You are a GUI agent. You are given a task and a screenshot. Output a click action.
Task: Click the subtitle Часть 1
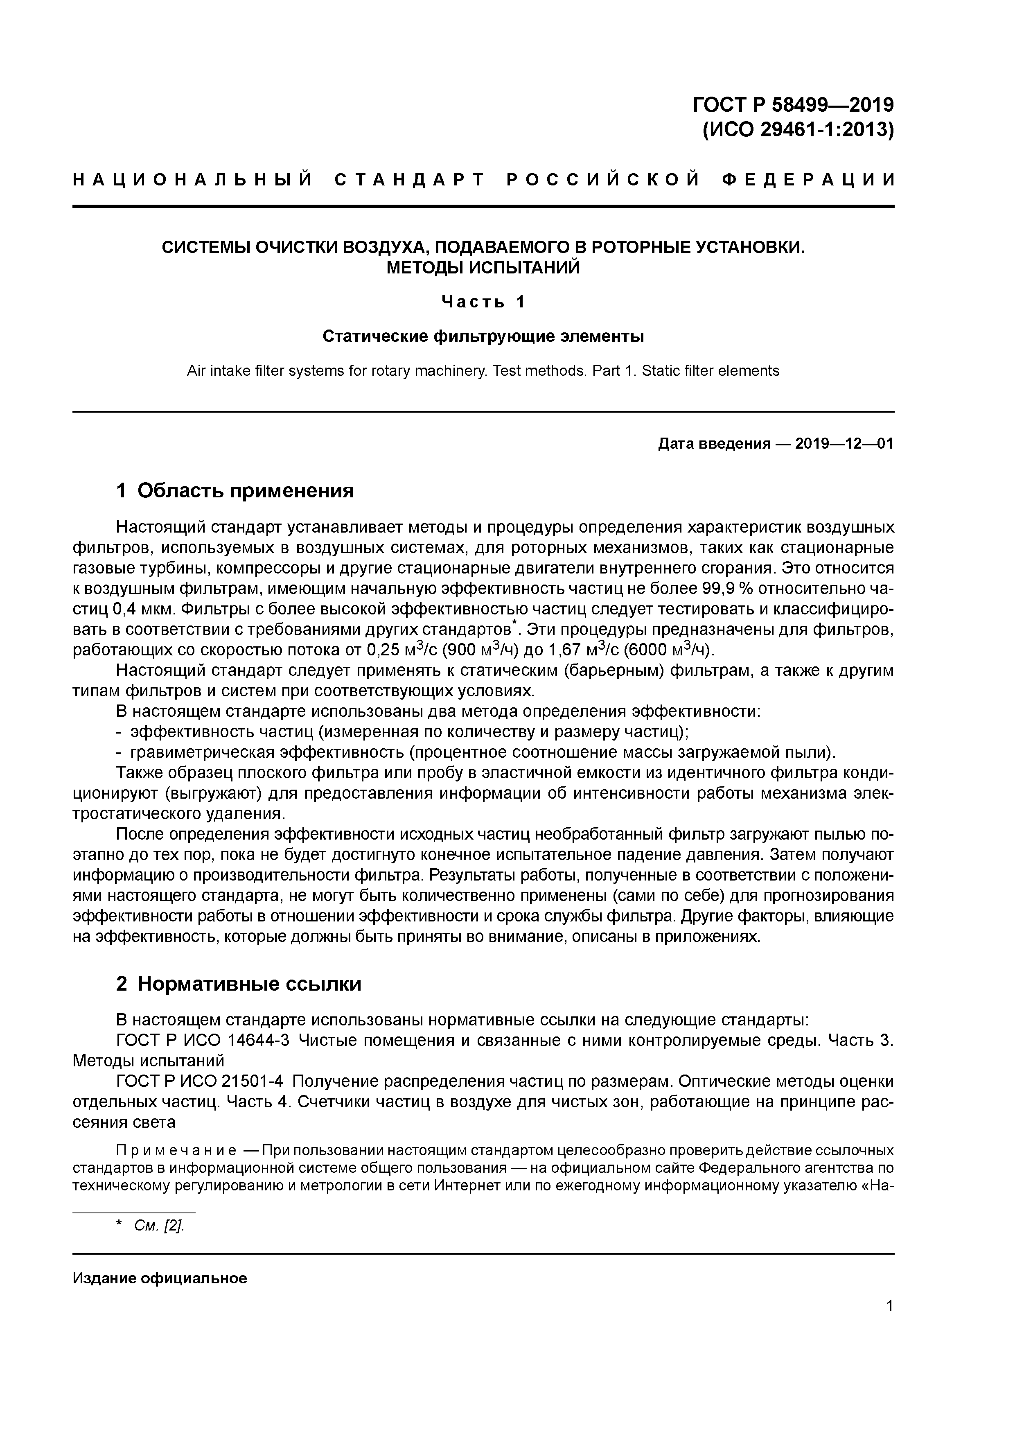tap(483, 302)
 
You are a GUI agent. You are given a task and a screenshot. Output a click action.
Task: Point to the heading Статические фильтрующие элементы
tap(483, 336)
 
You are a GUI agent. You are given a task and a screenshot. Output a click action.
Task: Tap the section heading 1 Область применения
tap(235, 491)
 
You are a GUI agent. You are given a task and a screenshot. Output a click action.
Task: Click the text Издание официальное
tap(160, 1278)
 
